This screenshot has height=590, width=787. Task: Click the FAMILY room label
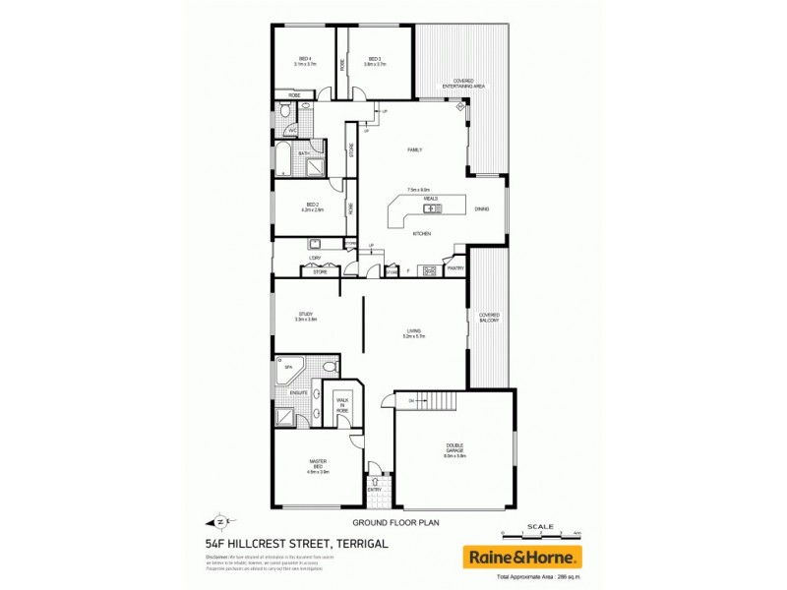415,149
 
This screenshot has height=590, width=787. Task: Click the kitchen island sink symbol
430,208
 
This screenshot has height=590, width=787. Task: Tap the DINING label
482,208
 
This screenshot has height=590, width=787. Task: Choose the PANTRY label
454,267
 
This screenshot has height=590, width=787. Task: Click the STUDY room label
305,316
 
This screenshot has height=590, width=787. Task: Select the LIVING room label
414,332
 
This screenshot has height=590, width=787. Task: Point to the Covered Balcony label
489,318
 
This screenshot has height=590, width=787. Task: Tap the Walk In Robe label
342,405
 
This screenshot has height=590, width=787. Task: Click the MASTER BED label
317,465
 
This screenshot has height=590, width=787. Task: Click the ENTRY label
374,488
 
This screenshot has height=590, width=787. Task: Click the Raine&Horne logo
521,556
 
